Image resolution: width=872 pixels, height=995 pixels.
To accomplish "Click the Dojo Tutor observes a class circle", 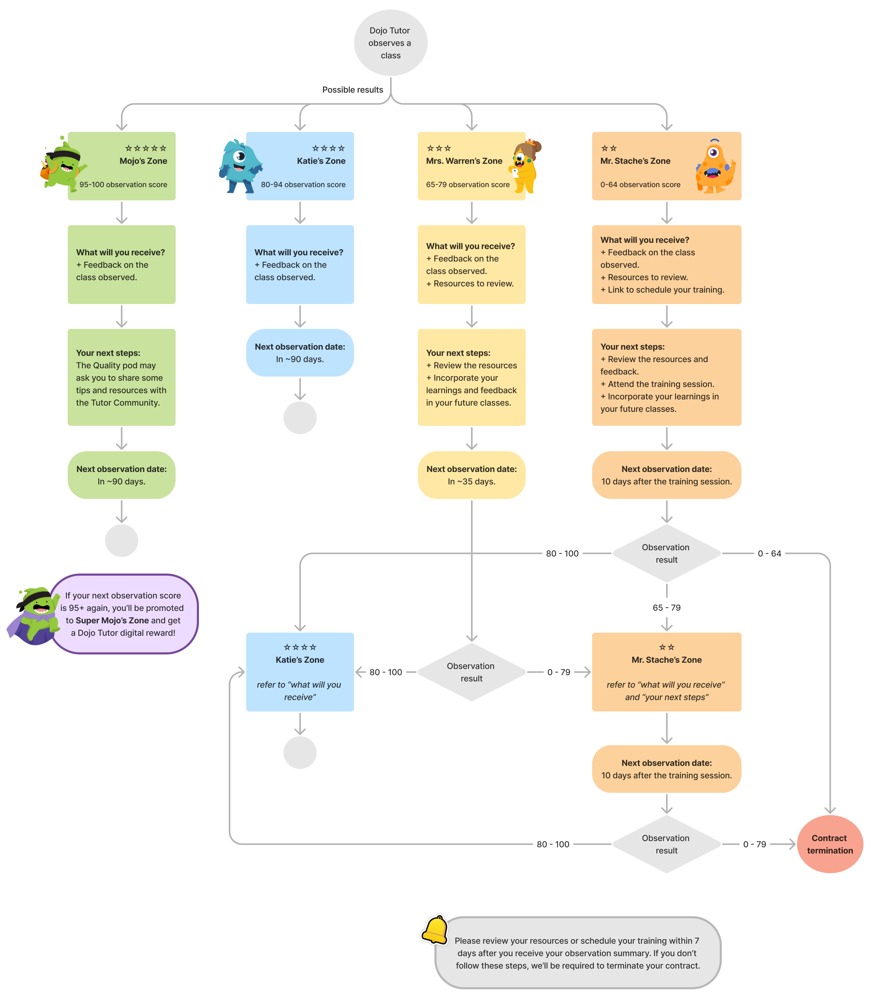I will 390,43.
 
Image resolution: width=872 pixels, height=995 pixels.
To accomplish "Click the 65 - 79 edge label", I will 666,608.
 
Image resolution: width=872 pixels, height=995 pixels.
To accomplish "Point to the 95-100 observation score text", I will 123,185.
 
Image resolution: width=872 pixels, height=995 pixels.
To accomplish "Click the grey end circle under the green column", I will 122,540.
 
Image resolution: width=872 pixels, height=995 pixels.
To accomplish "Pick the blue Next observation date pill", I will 300,352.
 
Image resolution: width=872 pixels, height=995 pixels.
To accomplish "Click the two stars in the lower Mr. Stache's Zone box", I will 666,647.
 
